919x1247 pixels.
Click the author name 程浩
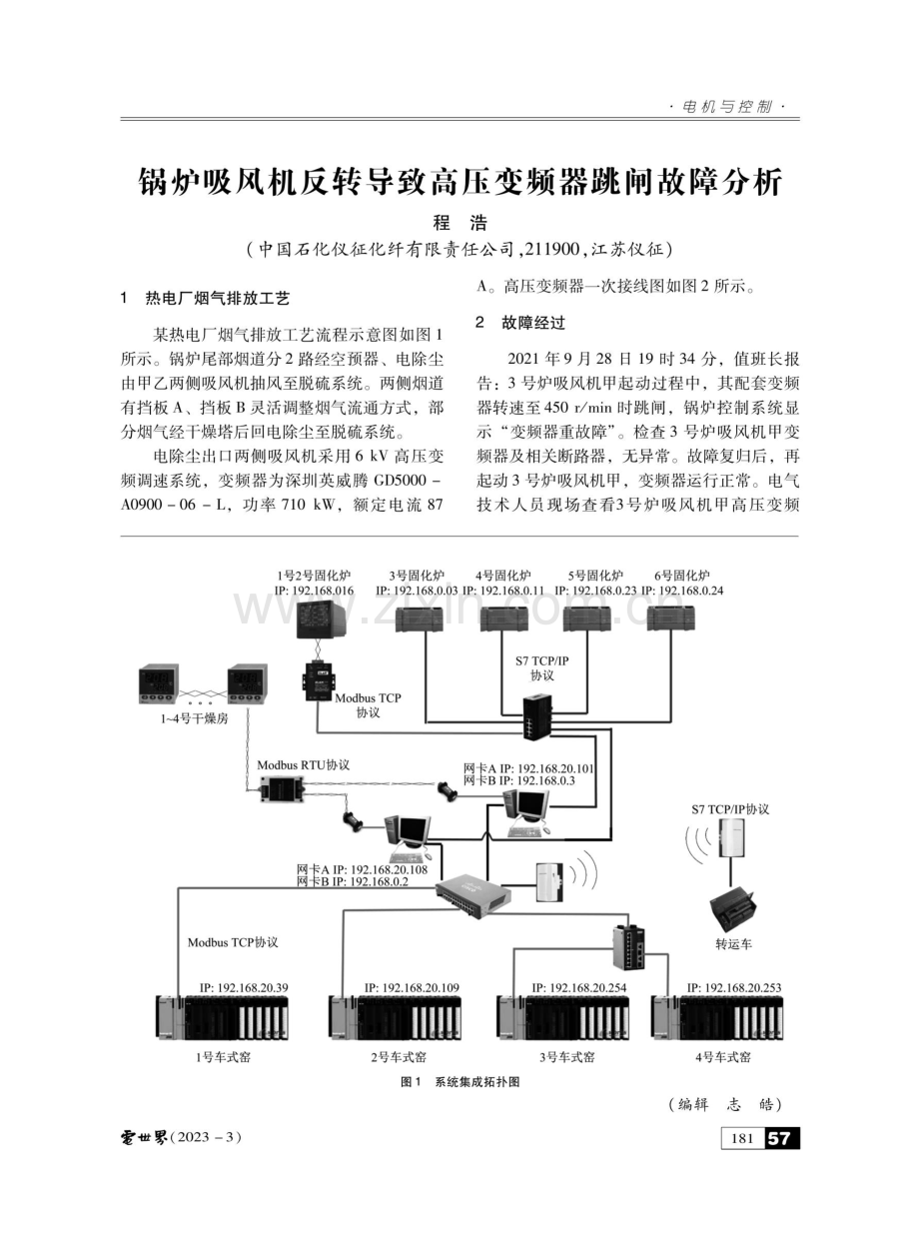click(459, 223)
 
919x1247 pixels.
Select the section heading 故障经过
click(533, 323)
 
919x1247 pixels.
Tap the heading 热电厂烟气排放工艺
click(218, 299)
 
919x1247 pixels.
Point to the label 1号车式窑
click(223, 1057)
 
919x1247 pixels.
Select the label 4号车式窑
click(722, 1057)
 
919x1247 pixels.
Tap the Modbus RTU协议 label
click(303, 765)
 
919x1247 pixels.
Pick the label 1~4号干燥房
click(194, 718)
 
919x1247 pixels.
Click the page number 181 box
click(742, 1138)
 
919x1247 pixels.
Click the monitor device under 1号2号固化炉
click(320, 619)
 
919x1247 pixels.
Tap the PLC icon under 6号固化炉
click(670, 619)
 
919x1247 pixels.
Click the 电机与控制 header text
click(727, 107)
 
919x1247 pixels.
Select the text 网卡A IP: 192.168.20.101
click(528, 768)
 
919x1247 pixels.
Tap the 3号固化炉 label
click(417, 576)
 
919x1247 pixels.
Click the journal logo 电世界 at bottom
click(144, 1137)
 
